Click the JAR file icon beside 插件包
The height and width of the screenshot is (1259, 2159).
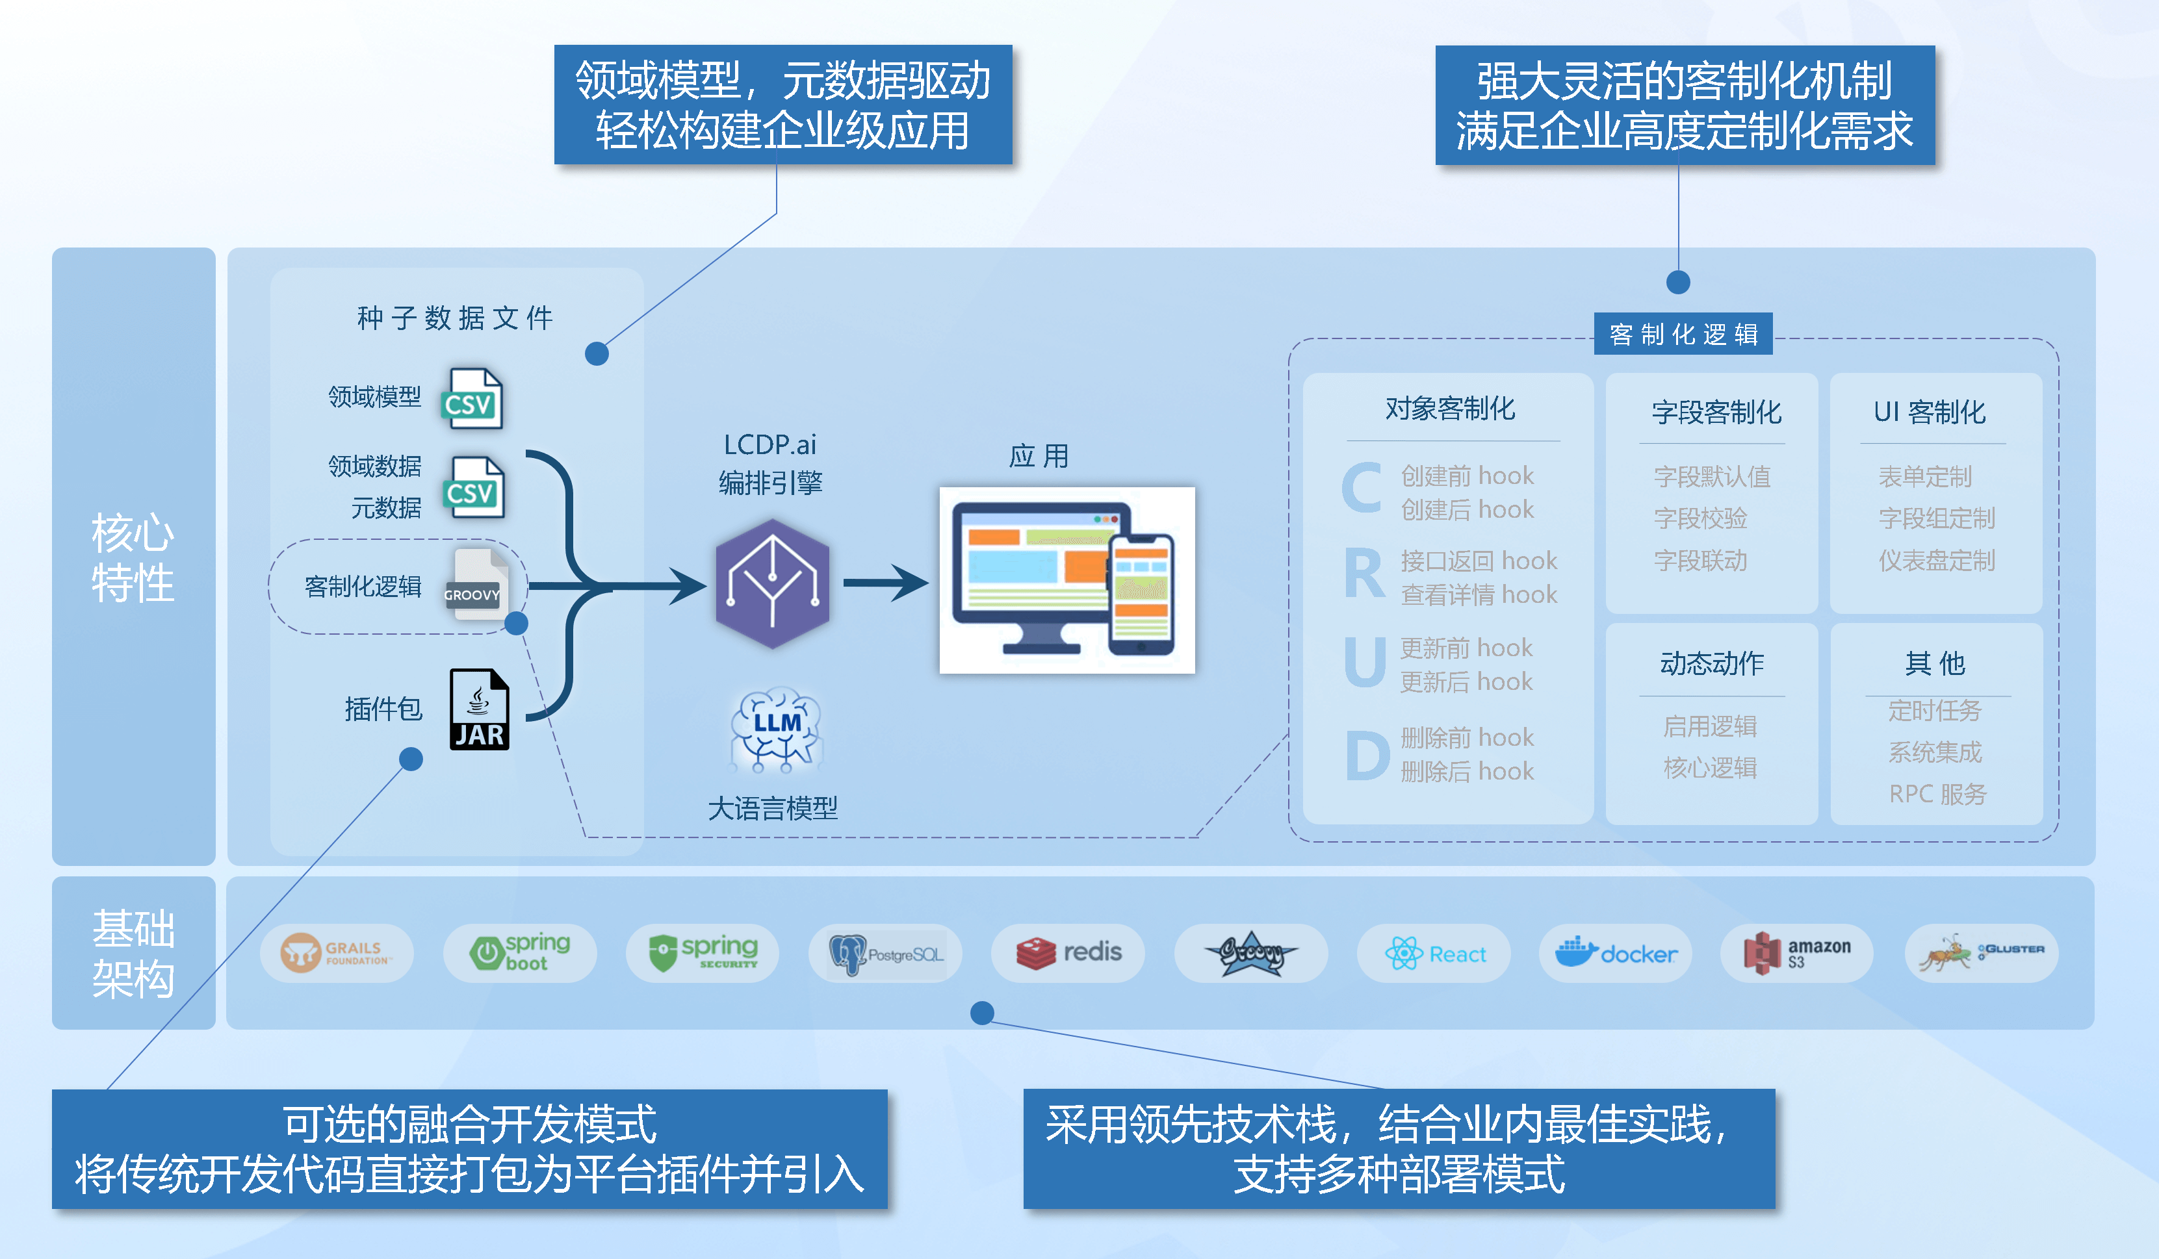click(479, 709)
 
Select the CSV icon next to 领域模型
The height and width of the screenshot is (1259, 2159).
click(472, 399)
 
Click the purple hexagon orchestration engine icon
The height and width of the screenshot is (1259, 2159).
click(772, 583)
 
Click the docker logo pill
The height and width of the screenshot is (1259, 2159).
click(1615, 952)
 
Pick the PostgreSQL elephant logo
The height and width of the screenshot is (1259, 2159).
click(885, 952)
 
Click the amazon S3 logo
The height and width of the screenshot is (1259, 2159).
click(1796, 952)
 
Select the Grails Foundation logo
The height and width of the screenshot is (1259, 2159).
click(336, 952)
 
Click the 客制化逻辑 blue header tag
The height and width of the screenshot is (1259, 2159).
click(1683, 334)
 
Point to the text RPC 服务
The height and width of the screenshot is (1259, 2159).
click(1937, 794)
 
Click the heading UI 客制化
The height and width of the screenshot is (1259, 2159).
click(1930, 412)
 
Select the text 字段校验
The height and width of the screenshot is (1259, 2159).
click(1700, 518)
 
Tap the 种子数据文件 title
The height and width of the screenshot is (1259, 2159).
click(455, 318)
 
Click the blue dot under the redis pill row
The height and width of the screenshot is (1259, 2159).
click(982, 1013)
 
